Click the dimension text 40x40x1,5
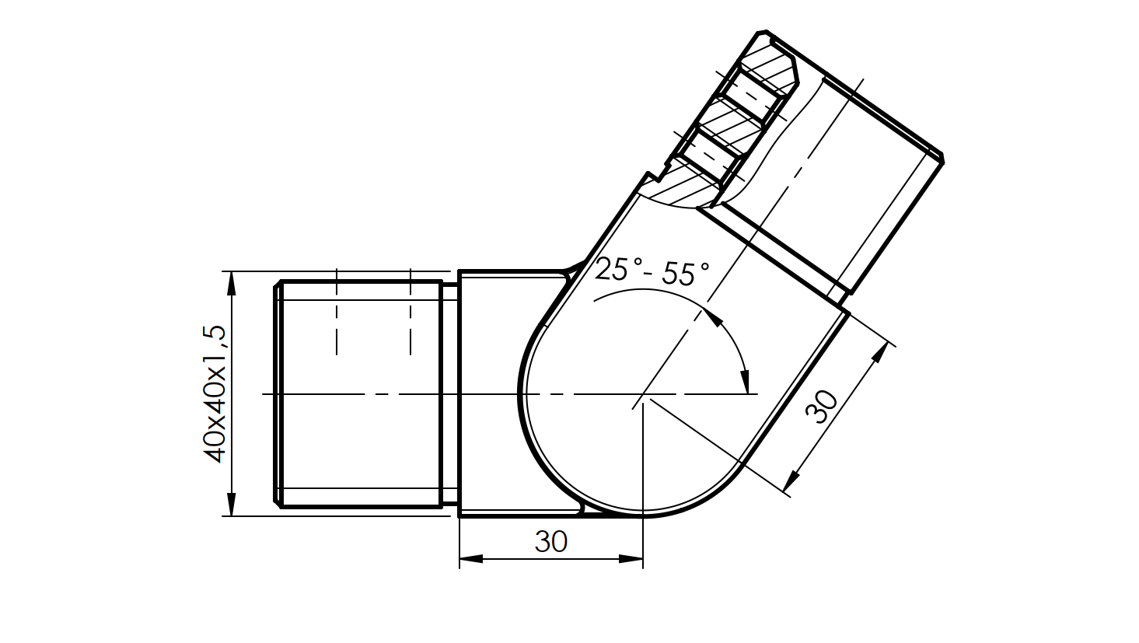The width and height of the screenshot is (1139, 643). coord(215,393)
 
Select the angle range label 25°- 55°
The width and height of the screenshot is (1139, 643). coord(652,271)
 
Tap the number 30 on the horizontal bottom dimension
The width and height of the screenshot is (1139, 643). coord(550,541)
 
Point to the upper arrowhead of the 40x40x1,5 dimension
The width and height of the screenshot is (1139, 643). coord(230,283)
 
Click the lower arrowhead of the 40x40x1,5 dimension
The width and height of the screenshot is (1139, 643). coord(230,504)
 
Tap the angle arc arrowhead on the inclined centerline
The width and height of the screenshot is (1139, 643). coord(711,316)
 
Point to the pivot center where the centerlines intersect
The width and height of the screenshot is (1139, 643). coord(642,395)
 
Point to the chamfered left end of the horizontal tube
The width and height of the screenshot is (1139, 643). coord(277,393)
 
